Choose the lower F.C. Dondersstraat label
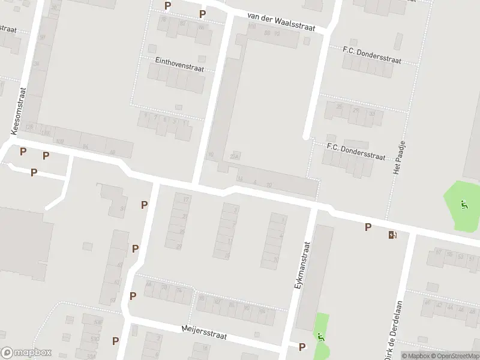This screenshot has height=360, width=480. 355,151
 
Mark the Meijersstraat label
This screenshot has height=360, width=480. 205,330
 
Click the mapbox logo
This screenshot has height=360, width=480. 26,352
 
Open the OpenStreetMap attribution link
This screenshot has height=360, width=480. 457,356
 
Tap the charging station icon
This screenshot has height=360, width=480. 392,235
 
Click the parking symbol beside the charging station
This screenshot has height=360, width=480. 368,227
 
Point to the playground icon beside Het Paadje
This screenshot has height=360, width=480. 463,205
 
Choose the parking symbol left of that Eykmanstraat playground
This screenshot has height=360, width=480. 302,347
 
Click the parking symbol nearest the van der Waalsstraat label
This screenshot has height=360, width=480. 203,14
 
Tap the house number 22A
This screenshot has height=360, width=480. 235,157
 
